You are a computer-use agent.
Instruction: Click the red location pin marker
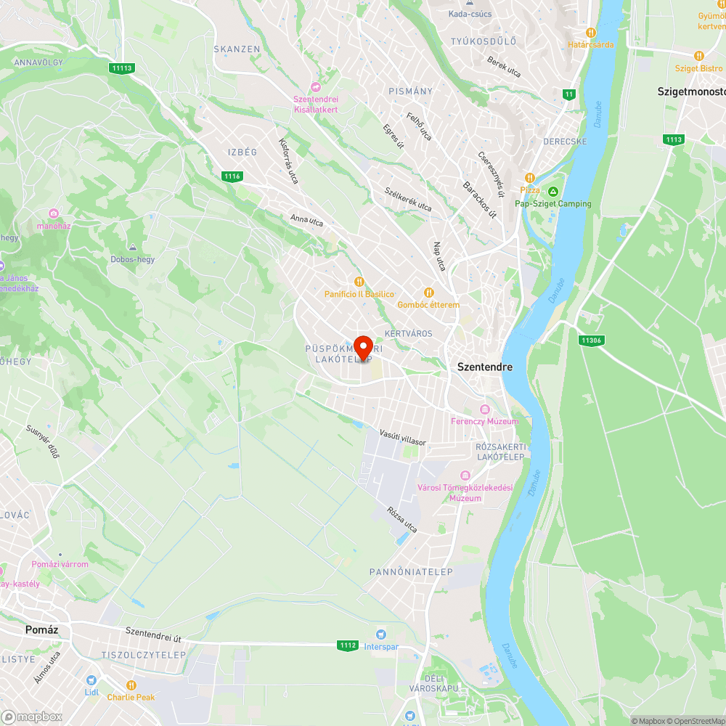point(362,348)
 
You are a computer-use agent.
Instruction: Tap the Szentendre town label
point(484,367)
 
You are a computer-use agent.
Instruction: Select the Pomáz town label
point(41,629)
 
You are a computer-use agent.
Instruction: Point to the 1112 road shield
point(347,645)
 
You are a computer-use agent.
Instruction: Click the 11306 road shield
point(592,340)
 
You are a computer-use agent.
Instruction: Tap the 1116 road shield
point(232,176)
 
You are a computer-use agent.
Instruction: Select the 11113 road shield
point(122,68)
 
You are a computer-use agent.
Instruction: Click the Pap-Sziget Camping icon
point(553,192)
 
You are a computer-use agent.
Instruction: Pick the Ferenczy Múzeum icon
point(486,409)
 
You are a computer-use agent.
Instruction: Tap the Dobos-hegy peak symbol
point(132,247)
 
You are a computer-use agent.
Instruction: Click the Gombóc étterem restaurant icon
point(429,292)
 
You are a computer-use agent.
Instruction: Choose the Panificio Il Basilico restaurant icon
point(359,281)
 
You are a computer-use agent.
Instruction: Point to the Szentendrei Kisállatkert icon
point(315,86)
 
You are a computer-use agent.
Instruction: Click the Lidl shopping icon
point(91,680)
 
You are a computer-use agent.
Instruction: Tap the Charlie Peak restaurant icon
point(131,685)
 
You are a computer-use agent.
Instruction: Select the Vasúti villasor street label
point(402,437)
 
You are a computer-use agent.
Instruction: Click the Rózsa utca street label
point(402,520)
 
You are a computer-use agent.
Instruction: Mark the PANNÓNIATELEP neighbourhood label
point(411,572)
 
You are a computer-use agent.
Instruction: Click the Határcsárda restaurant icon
point(591,32)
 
